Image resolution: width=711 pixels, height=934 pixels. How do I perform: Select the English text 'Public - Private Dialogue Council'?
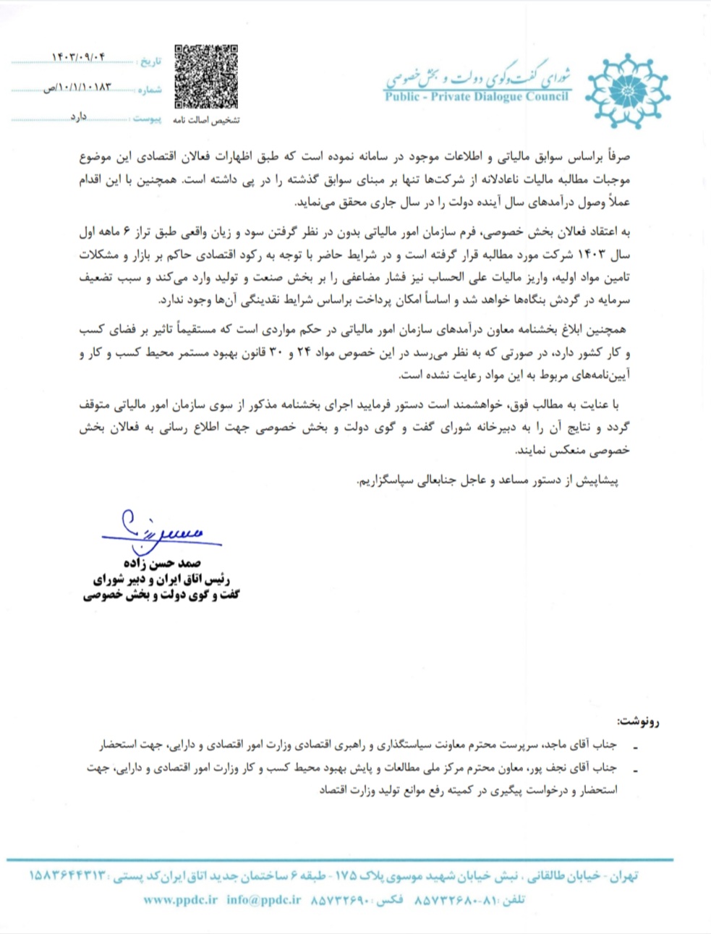coord(477,96)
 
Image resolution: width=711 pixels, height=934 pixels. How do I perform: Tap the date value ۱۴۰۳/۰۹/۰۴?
coord(79,57)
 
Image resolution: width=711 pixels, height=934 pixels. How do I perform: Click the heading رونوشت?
coord(638,721)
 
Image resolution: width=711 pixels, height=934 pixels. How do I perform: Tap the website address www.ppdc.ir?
coord(180,900)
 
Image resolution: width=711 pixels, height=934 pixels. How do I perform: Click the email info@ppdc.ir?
coord(263,900)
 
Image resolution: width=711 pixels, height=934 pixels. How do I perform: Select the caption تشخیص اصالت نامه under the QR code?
coord(206,120)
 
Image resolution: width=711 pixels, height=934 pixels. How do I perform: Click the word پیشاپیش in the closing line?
coord(597,480)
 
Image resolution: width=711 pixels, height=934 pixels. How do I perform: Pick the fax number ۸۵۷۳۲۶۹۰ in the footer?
coord(341,900)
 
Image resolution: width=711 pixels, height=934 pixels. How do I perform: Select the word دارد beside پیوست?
coord(78,116)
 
